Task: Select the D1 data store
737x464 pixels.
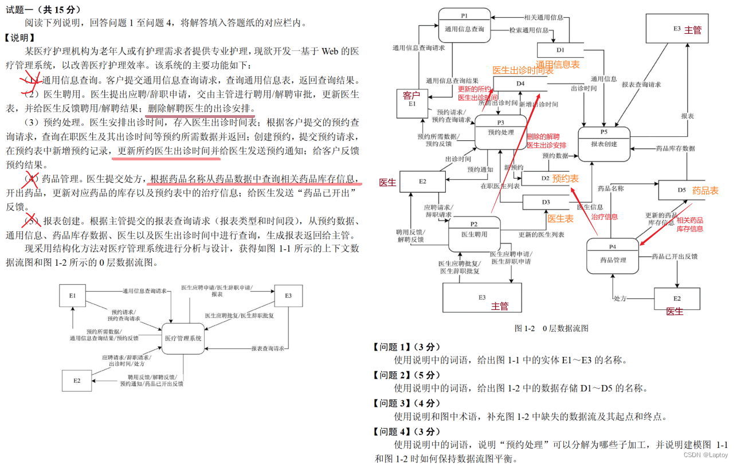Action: (x=560, y=50)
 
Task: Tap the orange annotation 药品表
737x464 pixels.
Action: (x=705, y=191)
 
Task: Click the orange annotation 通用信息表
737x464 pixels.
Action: (x=558, y=65)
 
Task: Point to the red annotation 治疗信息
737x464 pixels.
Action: (x=605, y=217)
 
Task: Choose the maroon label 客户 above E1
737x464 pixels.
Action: (x=411, y=95)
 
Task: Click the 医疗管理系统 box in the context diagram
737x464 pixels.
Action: (x=183, y=339)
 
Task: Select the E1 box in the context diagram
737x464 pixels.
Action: (x=73, y=296)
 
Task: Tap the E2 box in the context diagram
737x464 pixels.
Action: (x=76, y=380)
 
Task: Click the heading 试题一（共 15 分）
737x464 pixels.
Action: (x=44, y=10)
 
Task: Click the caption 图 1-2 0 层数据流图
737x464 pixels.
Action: (x=551, y=328)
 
